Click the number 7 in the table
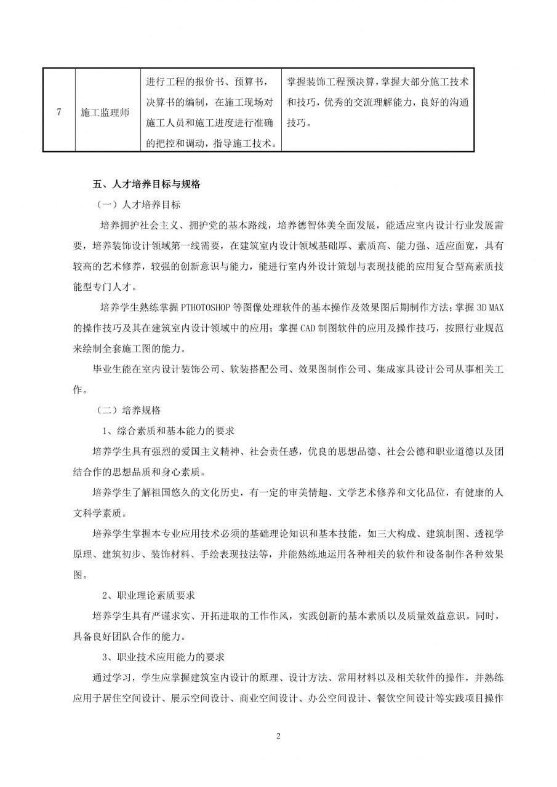coord(58,112)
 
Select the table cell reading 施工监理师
coord(105,113)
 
